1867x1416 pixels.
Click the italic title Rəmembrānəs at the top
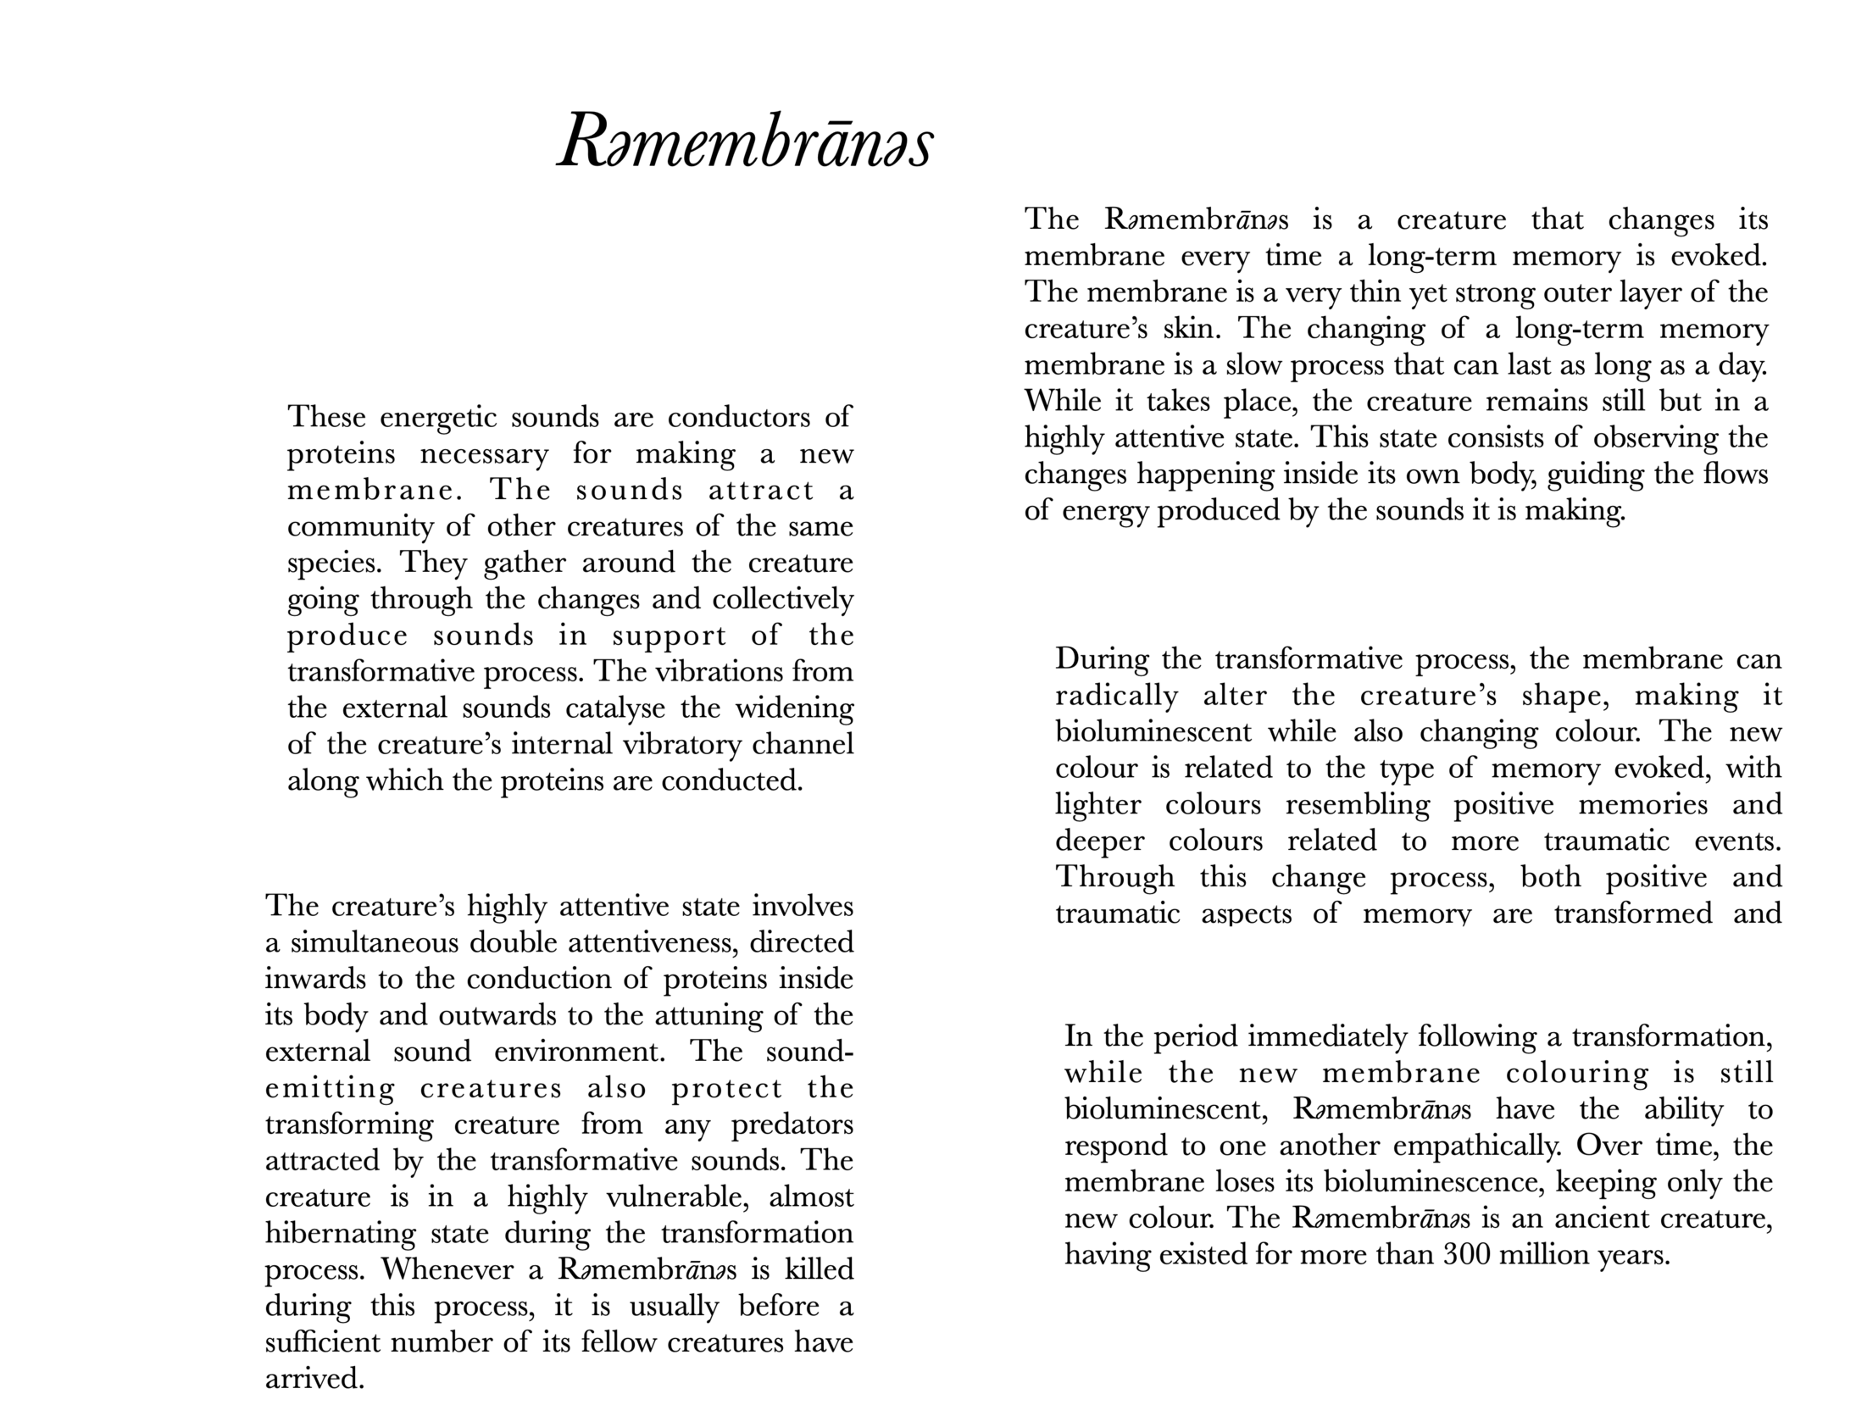tap(745, 141)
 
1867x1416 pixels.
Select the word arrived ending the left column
tap(314, 1379)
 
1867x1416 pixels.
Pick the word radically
tap(1116, 696)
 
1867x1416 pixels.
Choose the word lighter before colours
tap(1098, 804)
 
